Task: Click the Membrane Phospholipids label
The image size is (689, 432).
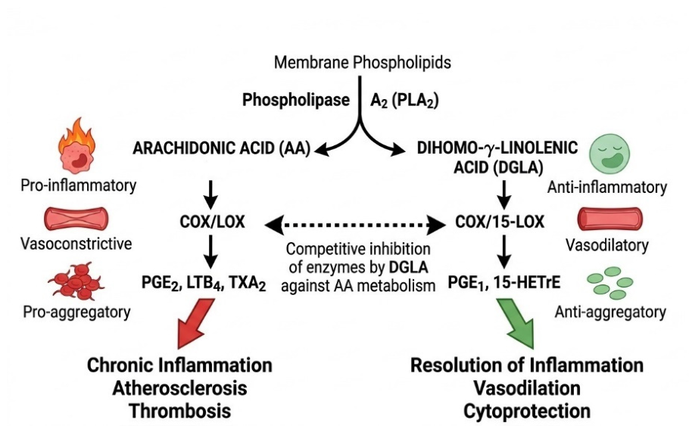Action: point(363,62)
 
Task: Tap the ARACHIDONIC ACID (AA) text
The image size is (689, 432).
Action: point(221,148)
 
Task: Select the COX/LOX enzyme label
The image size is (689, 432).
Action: point(212,222)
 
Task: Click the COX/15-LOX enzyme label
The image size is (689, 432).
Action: point(500,222)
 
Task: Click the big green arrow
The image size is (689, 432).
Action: point(517,323)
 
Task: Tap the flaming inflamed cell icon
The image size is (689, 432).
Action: point(77,145)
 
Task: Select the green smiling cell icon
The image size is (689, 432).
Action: point(609,154)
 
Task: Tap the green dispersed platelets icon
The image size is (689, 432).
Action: point(610,283)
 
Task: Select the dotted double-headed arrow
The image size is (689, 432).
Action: point(356,225)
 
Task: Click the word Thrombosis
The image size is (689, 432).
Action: point(179,411)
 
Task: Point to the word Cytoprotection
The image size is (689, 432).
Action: point(527,411)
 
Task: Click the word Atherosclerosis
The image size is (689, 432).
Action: point(179,388)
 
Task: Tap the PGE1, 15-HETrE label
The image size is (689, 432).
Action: point(504,282)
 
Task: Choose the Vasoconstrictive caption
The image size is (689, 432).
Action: point(76,244)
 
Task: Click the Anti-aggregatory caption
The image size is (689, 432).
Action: point(610,312)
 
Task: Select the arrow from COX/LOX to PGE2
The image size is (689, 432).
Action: point(211,252)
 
